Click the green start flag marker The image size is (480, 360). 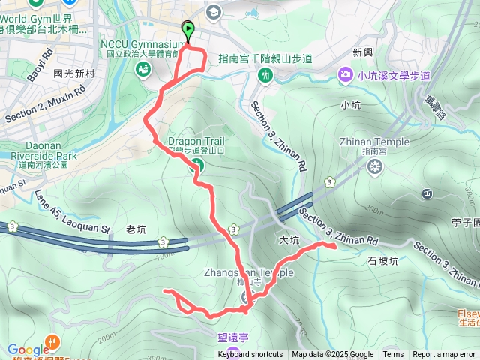click(x=187, y=31)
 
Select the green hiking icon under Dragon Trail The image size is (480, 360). click(x=197, y=166)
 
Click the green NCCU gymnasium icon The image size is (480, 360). click(x=142, y=69)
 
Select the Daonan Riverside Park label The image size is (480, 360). click(x=34, y=151)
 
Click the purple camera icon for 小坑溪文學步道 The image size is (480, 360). click(x=345, y=74)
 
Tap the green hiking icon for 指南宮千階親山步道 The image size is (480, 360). click(x=265, y=75)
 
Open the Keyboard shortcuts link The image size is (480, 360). click(x=250, y=355)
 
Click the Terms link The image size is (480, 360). click(x=393, y=355)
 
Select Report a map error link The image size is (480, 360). click(x=445, y=355)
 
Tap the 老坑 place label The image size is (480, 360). click(x=136, y=229)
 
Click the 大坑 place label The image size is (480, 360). click(x=289, y=241)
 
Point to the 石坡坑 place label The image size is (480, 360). click(x=382, y=261)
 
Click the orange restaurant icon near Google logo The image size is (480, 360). click(x=52, y=340)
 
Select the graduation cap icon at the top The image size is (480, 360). click(x=214, y=12)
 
